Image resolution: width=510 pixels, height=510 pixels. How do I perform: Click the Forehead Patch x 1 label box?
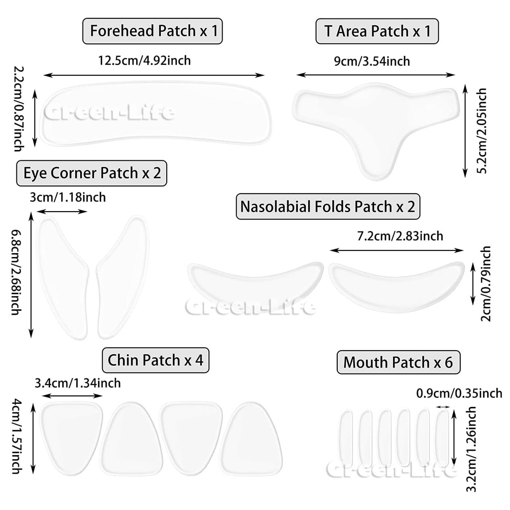[x=152, y=31]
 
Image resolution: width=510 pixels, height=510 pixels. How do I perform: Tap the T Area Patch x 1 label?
[x=377, y=31]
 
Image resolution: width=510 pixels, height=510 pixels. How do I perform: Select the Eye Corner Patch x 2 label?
[x=92, y=173]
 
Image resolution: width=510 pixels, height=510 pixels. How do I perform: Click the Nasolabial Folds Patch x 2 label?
[x=328, y=206]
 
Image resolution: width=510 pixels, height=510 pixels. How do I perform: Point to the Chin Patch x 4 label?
[x=155, y=360]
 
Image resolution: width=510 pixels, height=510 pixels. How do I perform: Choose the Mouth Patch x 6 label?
[x=398, y=362]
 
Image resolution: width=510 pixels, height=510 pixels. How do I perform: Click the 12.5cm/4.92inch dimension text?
[x=144, y=61]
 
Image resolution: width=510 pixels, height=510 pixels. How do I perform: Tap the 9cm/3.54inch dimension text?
[x=372, y=61]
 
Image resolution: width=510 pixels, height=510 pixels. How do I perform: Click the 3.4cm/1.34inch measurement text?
[x=78, y=383]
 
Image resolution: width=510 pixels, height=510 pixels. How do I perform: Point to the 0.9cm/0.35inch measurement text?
[x=459, y=393]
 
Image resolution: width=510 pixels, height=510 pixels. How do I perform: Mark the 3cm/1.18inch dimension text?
[x=68, y=197]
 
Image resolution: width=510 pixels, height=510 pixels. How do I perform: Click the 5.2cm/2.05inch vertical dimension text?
[x=482, y=130]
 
